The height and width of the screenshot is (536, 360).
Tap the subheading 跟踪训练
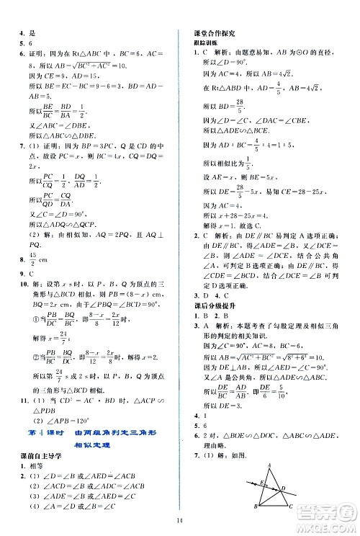click(195, 43)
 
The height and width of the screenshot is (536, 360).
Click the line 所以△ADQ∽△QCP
click(63, 225)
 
